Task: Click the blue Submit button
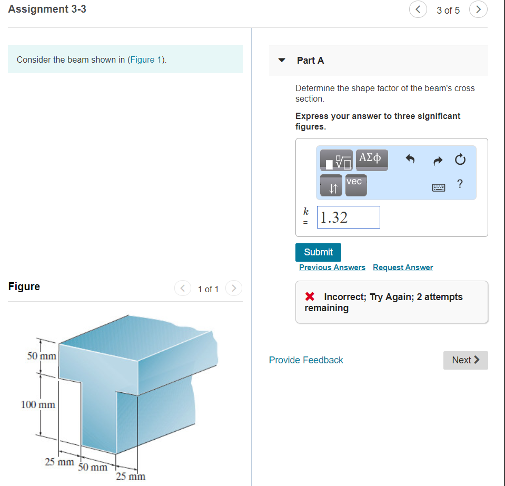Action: pos(318,252)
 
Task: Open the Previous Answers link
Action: pos(332,267)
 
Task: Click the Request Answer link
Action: pos(402,267)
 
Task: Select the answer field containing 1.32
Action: pos(348,217)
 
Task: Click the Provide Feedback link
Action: pos(306,360)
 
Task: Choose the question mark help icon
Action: pos(460,184)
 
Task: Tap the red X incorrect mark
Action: pos(310,297)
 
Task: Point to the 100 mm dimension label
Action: pos(38,405)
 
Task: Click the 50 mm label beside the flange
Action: pos(42,356)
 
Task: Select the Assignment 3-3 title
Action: pos(47,9)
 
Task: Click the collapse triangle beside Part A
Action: pos(282,60)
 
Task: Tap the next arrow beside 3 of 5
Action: pos(478,9)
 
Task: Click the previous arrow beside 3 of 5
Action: pos(418,9)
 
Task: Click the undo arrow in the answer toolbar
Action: pos(410,158)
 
